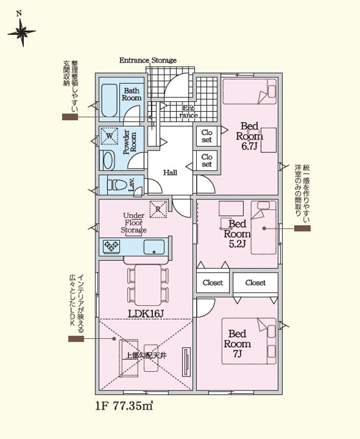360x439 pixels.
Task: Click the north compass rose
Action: (x=21, y=32)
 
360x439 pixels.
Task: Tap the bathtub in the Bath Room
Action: (x=109, y=100)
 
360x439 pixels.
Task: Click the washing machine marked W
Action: (x=110, y=136)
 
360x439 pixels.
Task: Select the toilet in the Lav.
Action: (x=117, y=185)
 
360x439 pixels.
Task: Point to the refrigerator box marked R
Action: (x=158, y=209)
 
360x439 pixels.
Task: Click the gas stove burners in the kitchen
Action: (x=112, y=247)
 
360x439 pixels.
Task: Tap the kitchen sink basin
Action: (x=154, y=247)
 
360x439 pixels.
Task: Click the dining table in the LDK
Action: (x=148, y=285)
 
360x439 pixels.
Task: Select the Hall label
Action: (x=170, y=172)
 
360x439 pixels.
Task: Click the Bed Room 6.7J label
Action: (x=249, y=136)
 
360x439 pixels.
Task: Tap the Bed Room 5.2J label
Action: (x=237, y=234)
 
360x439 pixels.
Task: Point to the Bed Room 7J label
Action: (x=237, y=343)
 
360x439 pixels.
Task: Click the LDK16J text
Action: (x=145, y=314)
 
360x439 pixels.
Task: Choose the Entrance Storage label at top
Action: (x=148, y=60)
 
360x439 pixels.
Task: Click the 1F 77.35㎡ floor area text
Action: (x=125, y=406)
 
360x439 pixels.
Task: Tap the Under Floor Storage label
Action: (x=134, y=223)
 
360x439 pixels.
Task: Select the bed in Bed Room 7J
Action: (x=249, y=341)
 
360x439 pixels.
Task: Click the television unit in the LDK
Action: (x=186, y=362)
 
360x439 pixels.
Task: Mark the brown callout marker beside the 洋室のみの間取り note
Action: (x=303, y=229)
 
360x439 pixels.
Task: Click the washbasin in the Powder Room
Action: (x=107, y=161)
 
